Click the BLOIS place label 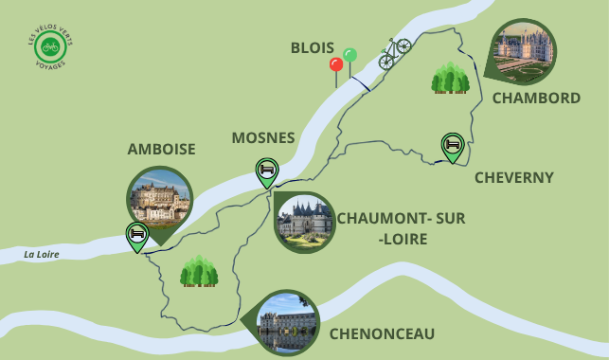(x=312, y=48)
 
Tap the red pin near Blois (x=335, y=65)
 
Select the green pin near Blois (x=350, y=56)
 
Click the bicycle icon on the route (x=395, y=53)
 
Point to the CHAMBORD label (x=536, y=99)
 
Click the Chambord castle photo (x=524, y=51)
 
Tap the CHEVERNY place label (x=513, y=177)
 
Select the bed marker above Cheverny (x=453, y=145)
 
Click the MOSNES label (x=263, y=138)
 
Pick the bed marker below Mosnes (x=267, y=171)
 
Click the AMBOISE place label (x=161, y=150)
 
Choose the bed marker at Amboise (x=137, y=234)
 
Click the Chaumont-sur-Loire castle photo (x=304, y=223)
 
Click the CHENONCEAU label (x=382, y=333)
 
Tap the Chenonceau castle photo (x=287, y=322)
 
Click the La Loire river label (x=43, y=254)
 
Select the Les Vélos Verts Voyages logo (x=50, y=45)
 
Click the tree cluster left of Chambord (x=451, y=79)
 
